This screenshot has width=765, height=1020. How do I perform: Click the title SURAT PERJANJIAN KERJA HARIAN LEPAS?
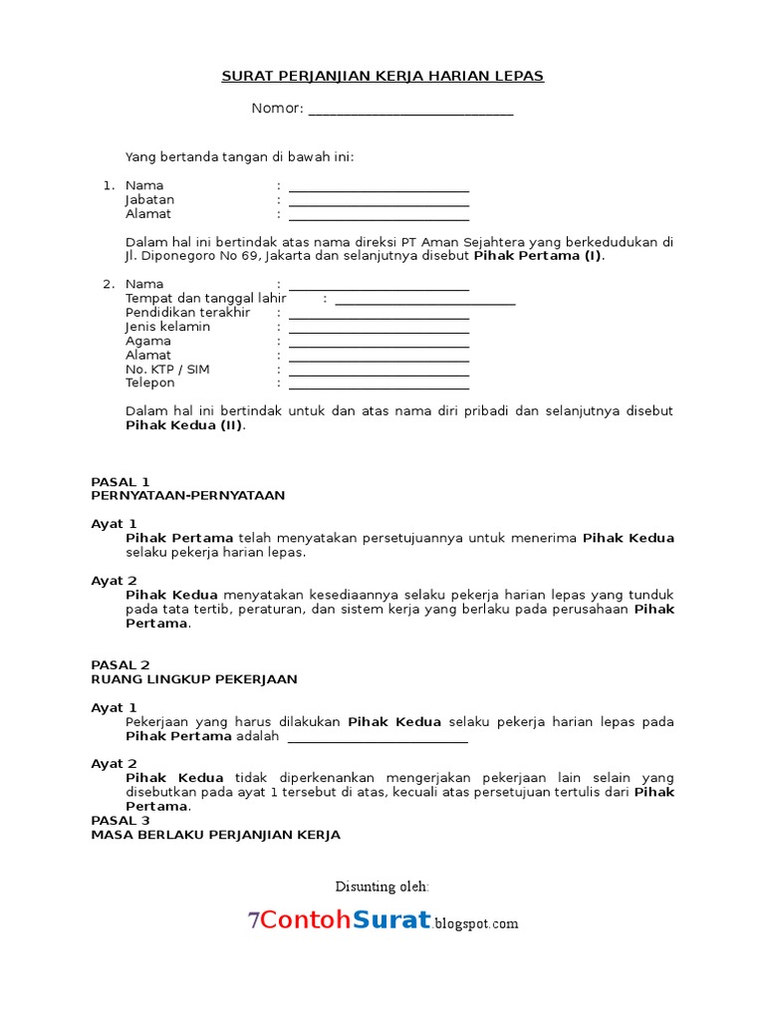[382, 76]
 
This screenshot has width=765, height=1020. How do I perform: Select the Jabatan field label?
[149, 199]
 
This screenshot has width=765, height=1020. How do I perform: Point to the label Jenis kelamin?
[167, 327]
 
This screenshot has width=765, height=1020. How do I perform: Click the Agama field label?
[147, 341]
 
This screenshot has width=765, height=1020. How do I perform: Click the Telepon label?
[149, 382]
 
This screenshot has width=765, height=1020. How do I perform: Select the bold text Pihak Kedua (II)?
[184, 424]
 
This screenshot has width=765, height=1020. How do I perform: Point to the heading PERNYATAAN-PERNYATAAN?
[187, 494]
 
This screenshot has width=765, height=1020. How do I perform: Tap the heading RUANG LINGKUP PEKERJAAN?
[193, 679]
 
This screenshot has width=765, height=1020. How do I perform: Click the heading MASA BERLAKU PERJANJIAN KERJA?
[215, 835]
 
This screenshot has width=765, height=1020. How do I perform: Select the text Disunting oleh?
[382, 886]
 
